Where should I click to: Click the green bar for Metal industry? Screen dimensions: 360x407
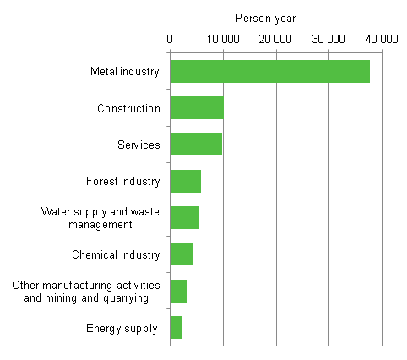point(269,72)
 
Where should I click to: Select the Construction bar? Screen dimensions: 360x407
point(197,108)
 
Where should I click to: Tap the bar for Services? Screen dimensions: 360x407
point(196,145)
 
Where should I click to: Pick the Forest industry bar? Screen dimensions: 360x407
point(185,181)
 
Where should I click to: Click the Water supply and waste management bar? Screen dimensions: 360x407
point(184,218)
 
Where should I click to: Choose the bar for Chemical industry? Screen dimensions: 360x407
point(181,254)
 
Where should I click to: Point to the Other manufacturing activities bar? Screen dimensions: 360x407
point(178,291)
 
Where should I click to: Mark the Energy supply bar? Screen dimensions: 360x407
point(176,327)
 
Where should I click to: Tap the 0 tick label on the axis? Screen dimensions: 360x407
point(170,39)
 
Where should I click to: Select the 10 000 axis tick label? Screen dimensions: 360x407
point(223,39)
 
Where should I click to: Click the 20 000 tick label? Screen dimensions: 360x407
point(276,39)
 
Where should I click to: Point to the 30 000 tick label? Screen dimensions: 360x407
point(329,39)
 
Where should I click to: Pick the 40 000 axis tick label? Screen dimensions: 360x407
point(382,39)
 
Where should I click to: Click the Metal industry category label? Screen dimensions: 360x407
point(124,72)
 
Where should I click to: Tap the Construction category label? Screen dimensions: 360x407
point(128,108)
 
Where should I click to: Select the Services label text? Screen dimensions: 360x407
point(138,145)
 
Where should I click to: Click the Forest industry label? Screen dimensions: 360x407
point(122,181)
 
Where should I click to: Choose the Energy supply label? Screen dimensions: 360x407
point(122,328)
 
